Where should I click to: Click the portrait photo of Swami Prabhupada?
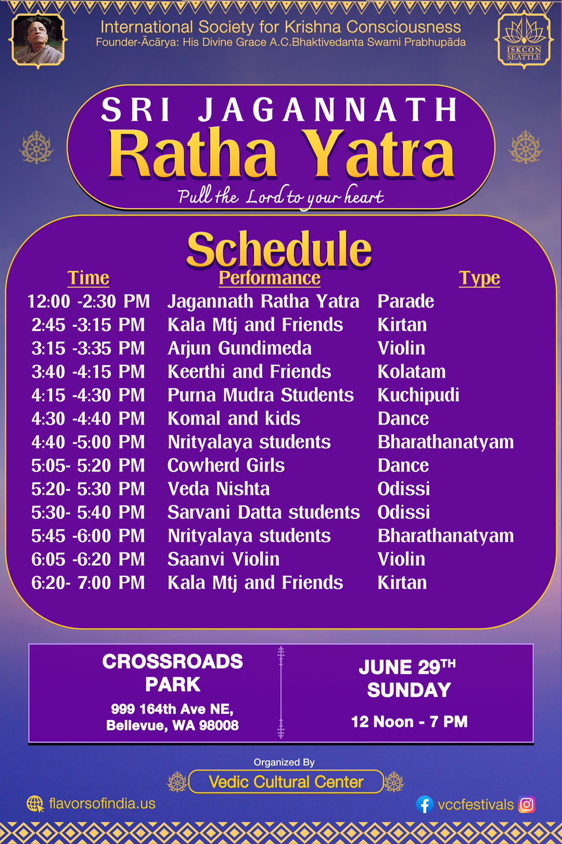pos(37,40)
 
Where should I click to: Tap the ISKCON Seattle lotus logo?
pos(523,40)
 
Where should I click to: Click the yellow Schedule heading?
pos(279,250)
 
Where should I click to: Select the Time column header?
pos(88,278)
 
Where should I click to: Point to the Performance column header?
pos(270,278)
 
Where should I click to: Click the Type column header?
pos(479,278)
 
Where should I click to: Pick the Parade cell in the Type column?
pos(405,302)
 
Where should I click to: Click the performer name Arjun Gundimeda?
pos(239,349)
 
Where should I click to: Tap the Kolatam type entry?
pos(412,372)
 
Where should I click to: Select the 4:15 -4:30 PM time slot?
pos(88,395)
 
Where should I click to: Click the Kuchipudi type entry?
pos(418,395)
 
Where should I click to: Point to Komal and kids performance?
pos(234,418)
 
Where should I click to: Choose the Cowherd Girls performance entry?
pos(226,465)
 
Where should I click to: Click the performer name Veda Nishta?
pos(219,489)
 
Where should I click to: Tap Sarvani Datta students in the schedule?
pos(263,513)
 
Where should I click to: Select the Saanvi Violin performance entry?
pos(223,559)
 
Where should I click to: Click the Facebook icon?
pos(425,804)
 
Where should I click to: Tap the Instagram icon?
pos(527,804)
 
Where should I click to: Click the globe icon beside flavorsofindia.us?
pos(35,804)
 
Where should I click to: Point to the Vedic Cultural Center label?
pos(286,782)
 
